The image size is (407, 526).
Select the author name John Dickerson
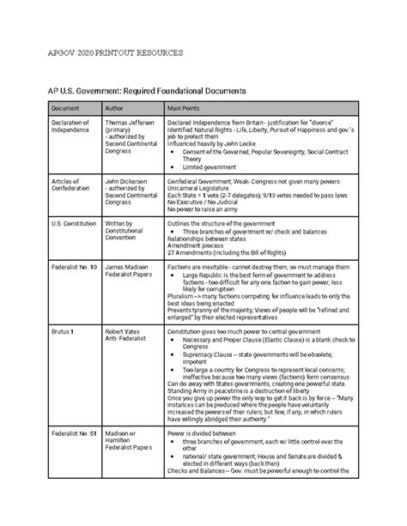(125, 183)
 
